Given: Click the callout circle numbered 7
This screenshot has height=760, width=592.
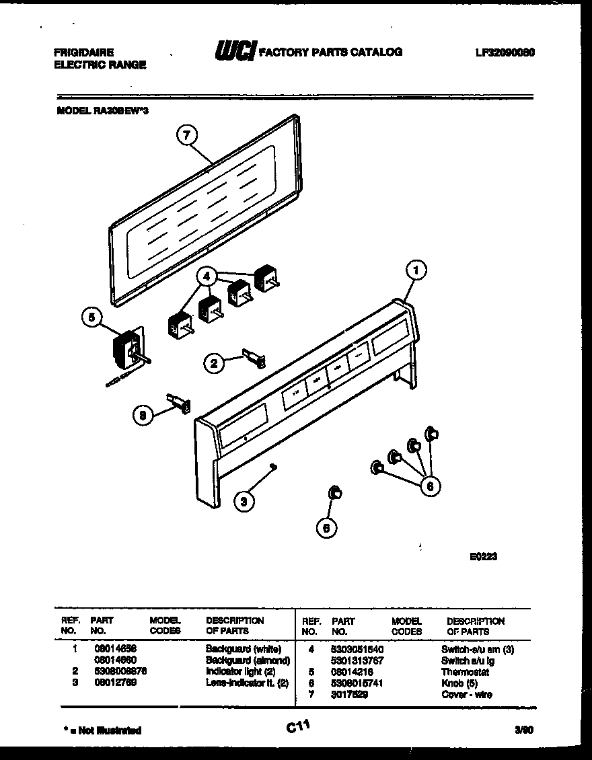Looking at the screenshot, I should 187,135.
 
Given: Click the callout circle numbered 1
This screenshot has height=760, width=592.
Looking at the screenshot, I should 416,271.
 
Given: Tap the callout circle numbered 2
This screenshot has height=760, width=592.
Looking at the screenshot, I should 215,363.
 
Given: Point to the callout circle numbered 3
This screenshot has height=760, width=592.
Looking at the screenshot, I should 246,500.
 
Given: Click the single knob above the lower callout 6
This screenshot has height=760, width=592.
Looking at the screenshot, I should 334,494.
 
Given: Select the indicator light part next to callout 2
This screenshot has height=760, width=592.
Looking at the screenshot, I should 254,358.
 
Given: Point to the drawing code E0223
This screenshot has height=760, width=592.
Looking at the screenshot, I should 483,557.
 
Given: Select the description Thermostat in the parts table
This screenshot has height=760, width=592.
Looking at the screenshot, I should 465,672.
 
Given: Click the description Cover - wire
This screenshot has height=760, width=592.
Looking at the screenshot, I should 466,694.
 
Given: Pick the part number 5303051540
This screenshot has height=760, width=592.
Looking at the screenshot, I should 357,650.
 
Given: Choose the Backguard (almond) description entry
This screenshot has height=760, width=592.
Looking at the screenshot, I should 248,660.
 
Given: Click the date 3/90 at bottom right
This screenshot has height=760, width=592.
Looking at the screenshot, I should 526,729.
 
